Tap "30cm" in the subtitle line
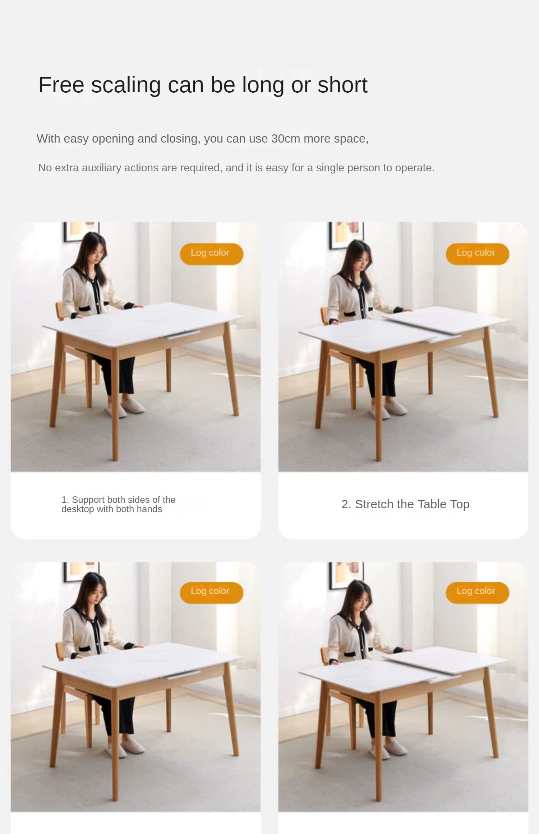285,139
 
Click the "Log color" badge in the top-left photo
211,254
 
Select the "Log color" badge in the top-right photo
477,254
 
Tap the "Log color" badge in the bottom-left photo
211,592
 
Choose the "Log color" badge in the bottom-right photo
477,592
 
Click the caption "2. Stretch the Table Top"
405,504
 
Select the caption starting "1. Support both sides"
118,504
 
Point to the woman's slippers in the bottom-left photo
125,747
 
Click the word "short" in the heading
342,85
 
